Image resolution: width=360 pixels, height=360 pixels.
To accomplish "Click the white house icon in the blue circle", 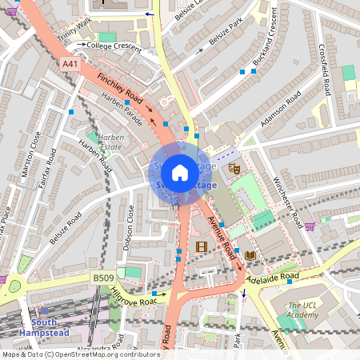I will (x=180, y=173).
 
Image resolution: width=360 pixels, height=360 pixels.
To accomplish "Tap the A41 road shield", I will (x=70, y=63).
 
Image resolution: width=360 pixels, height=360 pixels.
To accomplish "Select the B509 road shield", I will (x=102, y=278).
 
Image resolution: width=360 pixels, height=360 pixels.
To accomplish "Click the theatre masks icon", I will (x=234, y=168).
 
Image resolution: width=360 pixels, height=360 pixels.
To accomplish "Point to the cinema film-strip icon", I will (x=201, y=246).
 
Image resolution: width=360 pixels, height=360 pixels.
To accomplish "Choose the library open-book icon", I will (x=250, y=255).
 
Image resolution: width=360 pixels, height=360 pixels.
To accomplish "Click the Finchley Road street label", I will (x=119, y=91).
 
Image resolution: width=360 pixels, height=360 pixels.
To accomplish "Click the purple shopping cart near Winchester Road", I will (x=310, y=226).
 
